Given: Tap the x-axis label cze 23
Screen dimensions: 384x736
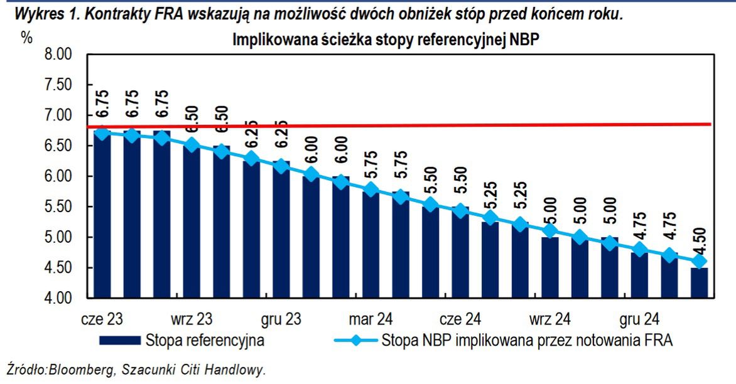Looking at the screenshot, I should [x=102, y=319].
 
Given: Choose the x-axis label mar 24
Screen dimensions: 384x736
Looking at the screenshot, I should [x=372, y=319].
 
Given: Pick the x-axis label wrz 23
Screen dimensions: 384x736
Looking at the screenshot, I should [x=192, y=319].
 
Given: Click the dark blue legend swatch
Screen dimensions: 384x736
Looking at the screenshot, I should [x=119, y=341].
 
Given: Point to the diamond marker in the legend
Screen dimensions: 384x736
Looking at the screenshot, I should [x=356, y=341].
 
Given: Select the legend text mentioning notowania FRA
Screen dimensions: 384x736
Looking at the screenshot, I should [x=527, y=341].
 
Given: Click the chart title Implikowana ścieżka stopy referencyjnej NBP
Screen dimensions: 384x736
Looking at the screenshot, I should [x=386, y=40].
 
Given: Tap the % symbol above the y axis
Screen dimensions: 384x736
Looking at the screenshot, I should [x=26, y=37].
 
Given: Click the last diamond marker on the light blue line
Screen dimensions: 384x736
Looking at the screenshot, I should [x=699, y=261].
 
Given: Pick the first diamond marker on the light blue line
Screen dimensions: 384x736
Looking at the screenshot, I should [x=102, y=133].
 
